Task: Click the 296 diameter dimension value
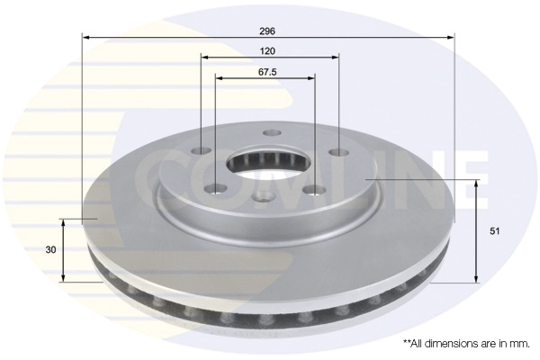point(267,31)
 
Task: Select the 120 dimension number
point(267,51)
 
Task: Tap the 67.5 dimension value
point(267,72)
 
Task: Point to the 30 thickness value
point(50,250)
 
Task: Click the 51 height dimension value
point(494,231)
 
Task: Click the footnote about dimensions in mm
point(466,344)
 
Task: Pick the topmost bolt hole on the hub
point(272,132)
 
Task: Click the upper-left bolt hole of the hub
point(202,150)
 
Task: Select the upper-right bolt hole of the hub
point(339,151)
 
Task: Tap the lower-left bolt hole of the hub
point(215,189)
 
